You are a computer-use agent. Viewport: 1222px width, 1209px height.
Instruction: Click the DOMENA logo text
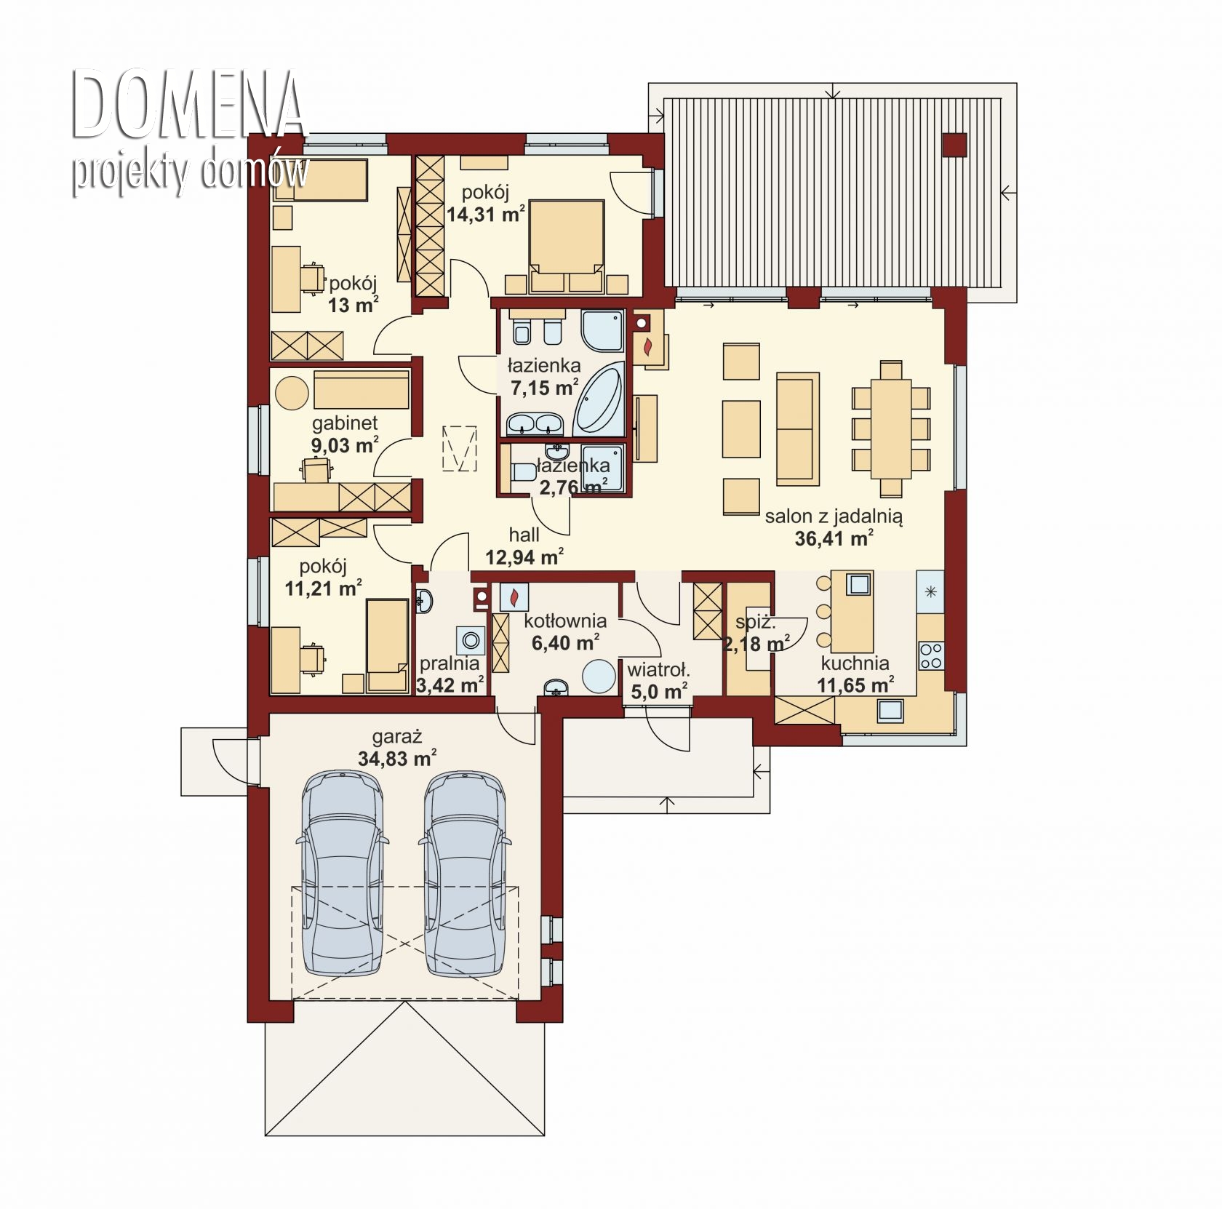(x=188, y=105)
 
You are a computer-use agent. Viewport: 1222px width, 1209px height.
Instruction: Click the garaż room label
(x=396, y=737)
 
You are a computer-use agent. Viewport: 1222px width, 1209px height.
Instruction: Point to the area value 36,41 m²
(x=834, y=538)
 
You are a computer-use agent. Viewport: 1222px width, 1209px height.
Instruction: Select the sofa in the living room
(x=798, y=428)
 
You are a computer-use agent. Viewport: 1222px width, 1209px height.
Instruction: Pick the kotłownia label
(x=565, y=621)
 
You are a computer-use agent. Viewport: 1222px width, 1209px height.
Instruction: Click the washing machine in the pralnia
(x=471, y=641)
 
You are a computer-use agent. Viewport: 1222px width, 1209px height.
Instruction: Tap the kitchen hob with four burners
(x=931, y=655)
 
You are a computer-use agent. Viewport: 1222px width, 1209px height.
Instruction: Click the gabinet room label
(x=345, y=423)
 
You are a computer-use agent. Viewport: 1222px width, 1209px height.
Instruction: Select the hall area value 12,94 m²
(x=524, y=558)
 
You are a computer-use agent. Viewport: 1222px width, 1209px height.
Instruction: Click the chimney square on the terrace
(x=954, y=145)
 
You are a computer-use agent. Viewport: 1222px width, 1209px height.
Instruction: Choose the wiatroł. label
(x=658, y=670)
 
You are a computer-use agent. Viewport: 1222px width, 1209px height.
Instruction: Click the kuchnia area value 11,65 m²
(x=855, y=685)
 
